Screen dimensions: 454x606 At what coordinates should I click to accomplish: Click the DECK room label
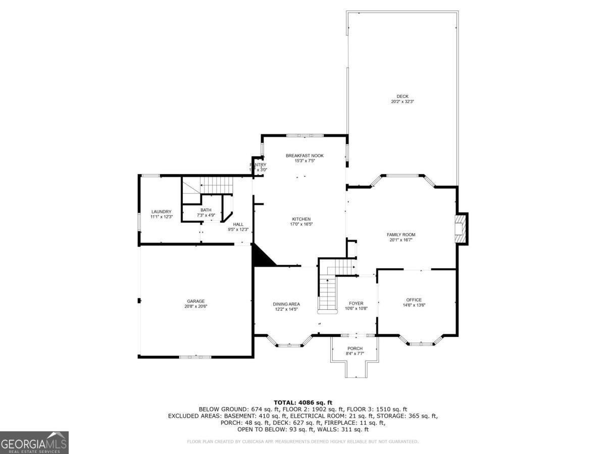[x=402, y=96]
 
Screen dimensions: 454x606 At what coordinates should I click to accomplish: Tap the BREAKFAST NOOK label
[x=305, y=156]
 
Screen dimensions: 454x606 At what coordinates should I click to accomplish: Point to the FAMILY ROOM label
[x=401, y=235]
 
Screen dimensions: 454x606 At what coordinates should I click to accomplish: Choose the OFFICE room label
[x=414, y=300]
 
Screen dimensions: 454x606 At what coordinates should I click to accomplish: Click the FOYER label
[x=356, y=303]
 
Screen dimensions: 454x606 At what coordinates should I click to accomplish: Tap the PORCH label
[x=355, y=349]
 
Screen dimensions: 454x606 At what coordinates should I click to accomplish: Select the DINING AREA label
[x=286, y=304]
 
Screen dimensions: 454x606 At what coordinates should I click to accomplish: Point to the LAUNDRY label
[x=161, y=211]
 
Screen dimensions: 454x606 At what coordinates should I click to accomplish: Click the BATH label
[x=206, y=210]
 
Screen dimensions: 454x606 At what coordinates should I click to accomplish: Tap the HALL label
[x=238, y=224]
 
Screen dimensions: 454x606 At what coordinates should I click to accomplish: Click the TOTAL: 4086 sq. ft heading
[x=303, y=402]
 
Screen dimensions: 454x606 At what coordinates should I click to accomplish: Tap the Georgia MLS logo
[x=34, y=442]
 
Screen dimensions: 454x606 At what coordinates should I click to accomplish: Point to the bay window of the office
[x=421, y=344]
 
